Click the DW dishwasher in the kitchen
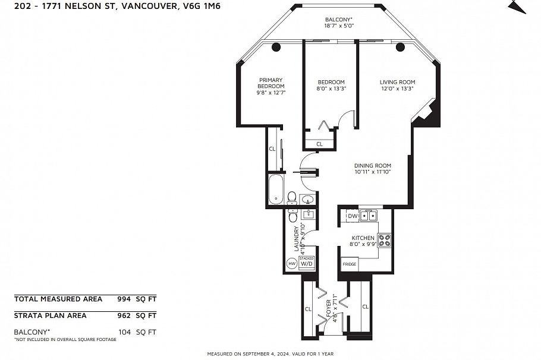click(352, 216)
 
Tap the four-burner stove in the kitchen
click(385, 241)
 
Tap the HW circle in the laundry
click(292, 263)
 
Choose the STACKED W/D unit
click(306, 262)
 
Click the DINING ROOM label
click(372, 166)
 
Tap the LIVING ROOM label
click(397, 82)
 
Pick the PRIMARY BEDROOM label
click(270, 83)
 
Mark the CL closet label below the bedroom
click(319, 144)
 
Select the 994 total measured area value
click(124, 299)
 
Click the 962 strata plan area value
click(124, 315)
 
